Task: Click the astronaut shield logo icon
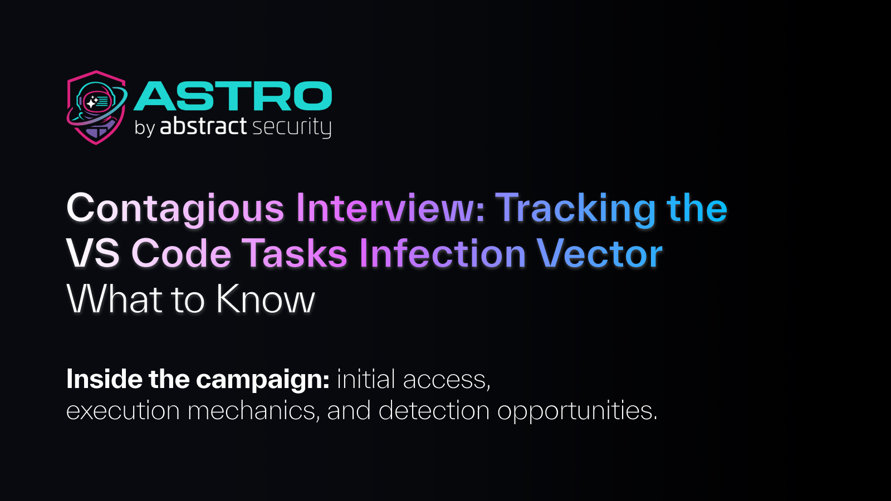(96, 107)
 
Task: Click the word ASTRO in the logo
(233, 96)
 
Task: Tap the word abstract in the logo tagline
(203, 126)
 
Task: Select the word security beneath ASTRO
(292, 127)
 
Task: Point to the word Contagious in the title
(175, 209)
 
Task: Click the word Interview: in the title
(390, 209)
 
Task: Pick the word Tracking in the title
(576, 209)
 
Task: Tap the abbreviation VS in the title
(93, 254)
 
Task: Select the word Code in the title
(181, 254)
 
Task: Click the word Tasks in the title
(295, 254)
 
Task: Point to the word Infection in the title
(443, 254)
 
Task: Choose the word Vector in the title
(599, 254)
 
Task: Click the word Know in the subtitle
(266, 299)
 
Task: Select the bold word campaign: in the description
(263, 380)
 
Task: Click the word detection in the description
(434, 411)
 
